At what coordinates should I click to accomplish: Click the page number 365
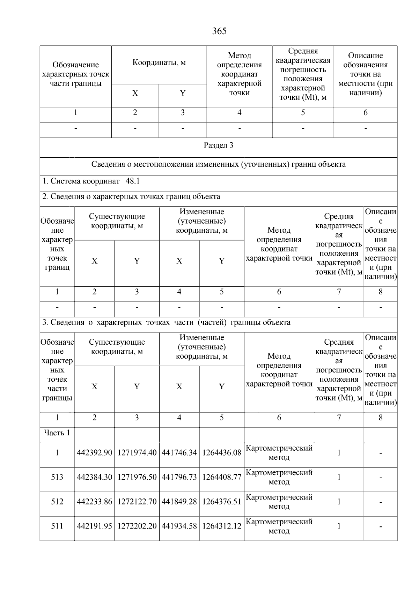click(x=219, y=31)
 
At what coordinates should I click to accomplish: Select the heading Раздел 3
click(x=218, y=145)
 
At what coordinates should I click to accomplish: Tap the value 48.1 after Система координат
click(x=133, y=181)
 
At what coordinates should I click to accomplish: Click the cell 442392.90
click(x=94, y=453)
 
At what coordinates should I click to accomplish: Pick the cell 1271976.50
click(x=137, y=477)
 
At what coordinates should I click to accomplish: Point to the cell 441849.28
click(x=179, y=502)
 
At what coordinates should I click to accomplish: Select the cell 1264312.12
click(x=222, y=526)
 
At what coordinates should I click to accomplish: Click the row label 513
click(x=57, y=477)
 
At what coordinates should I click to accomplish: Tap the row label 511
click(x=57, y=526)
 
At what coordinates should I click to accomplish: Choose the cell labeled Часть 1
click(x=57, y=433)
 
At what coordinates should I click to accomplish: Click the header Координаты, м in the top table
click(x=159, y=63)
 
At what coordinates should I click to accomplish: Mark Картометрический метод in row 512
click(x=279, y=502)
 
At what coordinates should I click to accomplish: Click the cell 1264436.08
click(x=222, y=453)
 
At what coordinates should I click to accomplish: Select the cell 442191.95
click(x=94, y=526)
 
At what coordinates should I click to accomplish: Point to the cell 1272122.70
click(x=137, y=502)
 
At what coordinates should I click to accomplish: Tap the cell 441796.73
click(x=179, y=477)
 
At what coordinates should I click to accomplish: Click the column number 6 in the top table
click(x=365, y=113)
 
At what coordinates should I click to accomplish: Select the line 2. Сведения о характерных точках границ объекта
click(x=131, y=196)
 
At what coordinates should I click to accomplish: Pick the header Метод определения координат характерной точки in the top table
click(x=239, y=74)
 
